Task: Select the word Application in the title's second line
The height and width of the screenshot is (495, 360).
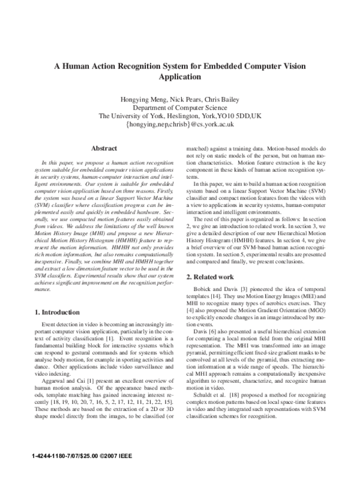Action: (179, 77)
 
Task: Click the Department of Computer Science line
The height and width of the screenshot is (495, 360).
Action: (179, 108)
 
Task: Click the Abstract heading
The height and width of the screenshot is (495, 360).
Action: (103, 148)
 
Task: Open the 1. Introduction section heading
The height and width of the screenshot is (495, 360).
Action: (57, 312)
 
